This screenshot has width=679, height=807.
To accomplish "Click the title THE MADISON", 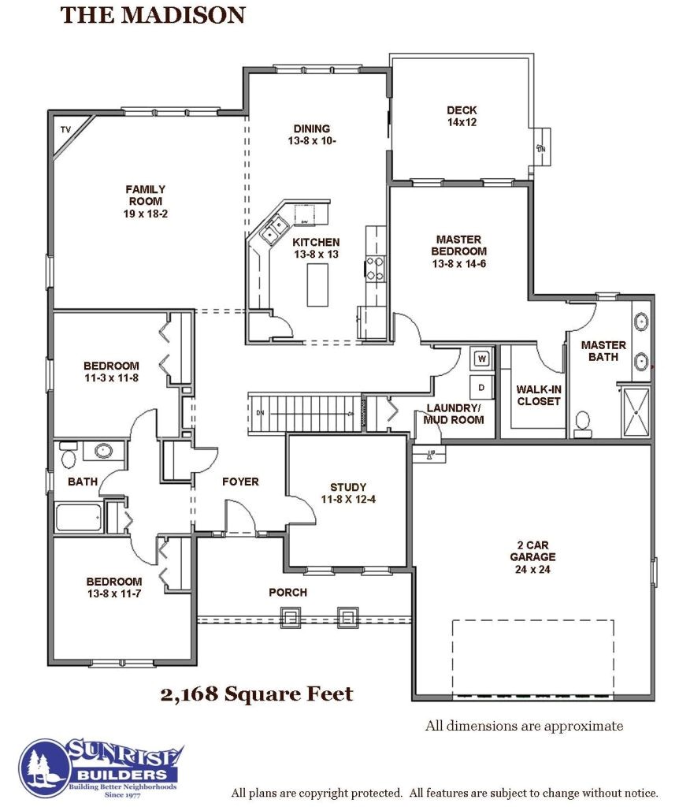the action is pos(153,15).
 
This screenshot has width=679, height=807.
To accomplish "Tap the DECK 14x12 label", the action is pos(462,116).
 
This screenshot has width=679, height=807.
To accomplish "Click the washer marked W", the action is pos(482,359).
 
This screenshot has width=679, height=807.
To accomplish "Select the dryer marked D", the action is pos(481,387).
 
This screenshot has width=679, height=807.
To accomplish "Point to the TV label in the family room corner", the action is pos(65,130).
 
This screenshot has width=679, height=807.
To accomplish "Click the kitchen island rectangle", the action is pos(318,284).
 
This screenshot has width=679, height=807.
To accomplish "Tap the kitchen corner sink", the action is pos(273,229).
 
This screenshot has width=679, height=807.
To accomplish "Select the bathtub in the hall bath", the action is pos(78,517).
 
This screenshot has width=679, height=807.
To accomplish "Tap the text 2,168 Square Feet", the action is pos(257,694).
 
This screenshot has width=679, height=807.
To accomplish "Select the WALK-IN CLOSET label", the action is pos(539,396).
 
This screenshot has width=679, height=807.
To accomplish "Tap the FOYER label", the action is pos(240,482).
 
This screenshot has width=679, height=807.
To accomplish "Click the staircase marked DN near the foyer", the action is pos(305,413).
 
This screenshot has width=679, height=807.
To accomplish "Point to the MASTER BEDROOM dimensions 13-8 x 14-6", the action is pos(459,263).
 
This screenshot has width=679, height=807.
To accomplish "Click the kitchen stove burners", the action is pos(375,269).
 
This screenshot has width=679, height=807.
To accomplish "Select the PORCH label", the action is pos(288,593).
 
